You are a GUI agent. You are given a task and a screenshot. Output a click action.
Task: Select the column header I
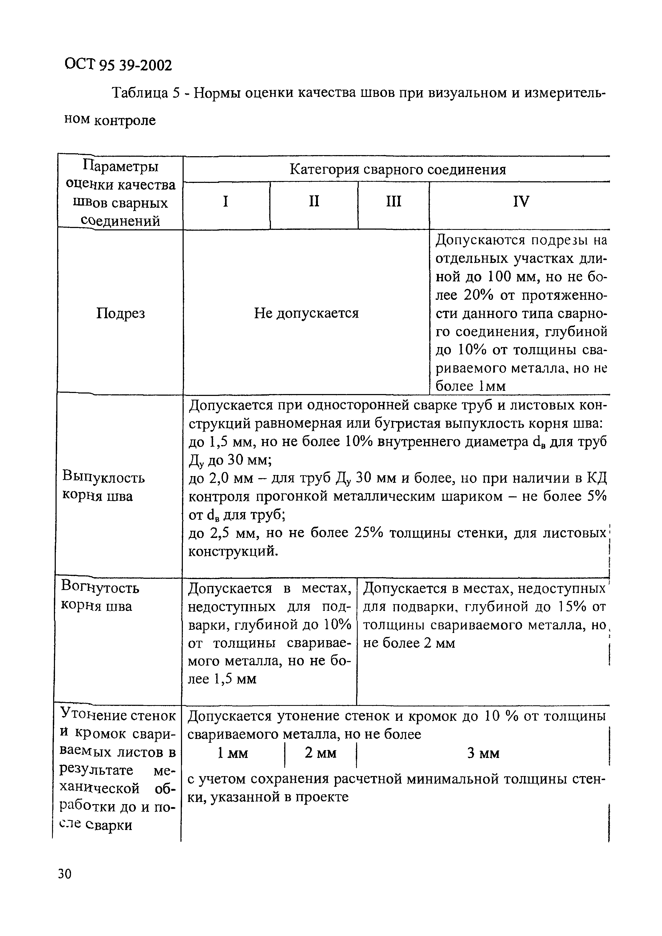click(x=225, y=201)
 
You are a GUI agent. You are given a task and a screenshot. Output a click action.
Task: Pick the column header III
click(x=393, y=201)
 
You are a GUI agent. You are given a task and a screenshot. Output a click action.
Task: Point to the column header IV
click(x=521, y=201)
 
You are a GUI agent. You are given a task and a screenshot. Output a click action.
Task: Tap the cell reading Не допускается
click(x=306, y=313)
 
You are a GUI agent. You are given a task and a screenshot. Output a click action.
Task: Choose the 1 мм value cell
click(x=233, y=753)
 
